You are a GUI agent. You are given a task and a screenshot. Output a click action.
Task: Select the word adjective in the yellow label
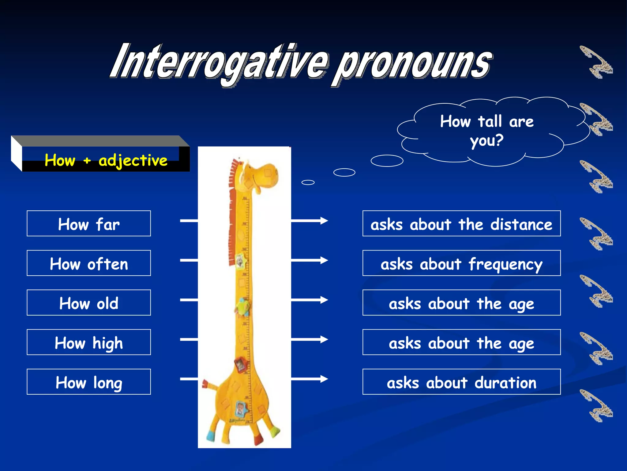pos(133,160)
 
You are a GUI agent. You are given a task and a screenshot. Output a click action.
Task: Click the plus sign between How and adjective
pos(87,160)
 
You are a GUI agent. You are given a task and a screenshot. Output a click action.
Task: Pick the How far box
pos(89,224)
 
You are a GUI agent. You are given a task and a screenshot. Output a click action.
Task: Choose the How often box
pos(89,263)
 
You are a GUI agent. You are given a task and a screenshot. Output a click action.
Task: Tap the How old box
pos(89,303)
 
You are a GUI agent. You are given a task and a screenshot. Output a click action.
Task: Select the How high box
pos(89,342)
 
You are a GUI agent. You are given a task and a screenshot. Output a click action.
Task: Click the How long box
pos(89,382)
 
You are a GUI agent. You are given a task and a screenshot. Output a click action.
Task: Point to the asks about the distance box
pos(461,224)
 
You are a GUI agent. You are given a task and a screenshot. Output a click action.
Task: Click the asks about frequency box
pos(461,263)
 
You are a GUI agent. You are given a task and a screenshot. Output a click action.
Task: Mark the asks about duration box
pos(461,382)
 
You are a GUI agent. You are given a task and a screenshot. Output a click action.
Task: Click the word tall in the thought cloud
pos(490,121)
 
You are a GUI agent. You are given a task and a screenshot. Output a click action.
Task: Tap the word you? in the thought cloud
pos(486,141)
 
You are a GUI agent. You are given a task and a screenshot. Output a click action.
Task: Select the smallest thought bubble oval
pos(308,182)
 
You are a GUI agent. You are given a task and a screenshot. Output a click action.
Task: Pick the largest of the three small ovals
pos(387,161)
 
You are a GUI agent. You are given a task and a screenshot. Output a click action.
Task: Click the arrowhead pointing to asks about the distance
pos(324,220)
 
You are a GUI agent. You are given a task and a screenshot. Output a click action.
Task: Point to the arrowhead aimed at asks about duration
pos(324,379)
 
